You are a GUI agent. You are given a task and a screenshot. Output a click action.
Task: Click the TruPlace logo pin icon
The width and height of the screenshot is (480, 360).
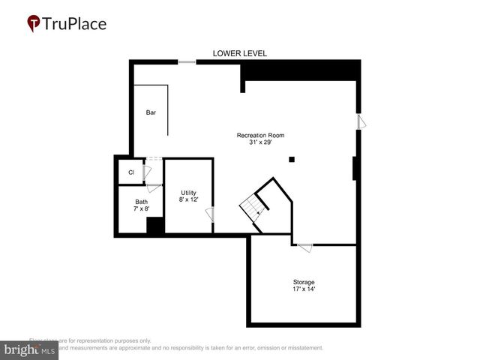click(34, 24)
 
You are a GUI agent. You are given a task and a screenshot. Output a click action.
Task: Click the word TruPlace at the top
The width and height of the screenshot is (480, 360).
click(74, 23)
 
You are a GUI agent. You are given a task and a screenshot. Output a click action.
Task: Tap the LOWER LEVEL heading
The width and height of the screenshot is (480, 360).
click(239, 53)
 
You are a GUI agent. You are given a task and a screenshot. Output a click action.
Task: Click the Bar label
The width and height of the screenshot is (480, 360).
click(151, 112)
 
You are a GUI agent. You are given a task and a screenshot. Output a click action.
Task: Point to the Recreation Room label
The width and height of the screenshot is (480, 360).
click(260, 135)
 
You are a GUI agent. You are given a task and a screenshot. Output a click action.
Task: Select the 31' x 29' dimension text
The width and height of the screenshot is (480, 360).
click(260, 142)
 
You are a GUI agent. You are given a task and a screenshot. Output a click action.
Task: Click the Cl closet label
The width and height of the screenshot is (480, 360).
click(131, 172)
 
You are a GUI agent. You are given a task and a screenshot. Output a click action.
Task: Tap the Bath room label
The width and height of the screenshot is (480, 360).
click(141, 202)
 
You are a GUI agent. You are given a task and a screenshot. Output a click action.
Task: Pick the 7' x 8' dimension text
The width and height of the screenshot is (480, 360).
click(141, 209)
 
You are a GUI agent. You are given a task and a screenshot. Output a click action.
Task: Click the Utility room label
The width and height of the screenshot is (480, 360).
click(188, 193)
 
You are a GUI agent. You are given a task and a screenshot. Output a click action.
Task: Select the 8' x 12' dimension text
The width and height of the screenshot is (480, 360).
click(188, 200)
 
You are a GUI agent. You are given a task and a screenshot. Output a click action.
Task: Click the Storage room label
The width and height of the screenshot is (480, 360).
click(304, 282)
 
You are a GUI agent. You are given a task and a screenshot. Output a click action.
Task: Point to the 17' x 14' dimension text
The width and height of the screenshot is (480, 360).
click(304, 289)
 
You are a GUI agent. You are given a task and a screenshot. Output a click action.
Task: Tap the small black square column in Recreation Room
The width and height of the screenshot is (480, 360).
click(292, 159)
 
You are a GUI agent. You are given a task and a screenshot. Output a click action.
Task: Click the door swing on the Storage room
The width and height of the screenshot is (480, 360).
click(304, 247)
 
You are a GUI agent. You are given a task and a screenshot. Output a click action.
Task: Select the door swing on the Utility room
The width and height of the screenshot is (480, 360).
click(210, 214)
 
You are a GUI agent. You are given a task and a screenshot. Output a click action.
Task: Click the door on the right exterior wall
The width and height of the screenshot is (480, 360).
click(361, 121)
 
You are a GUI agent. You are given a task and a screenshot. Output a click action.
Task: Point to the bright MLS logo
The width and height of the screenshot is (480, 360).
click(30, 349)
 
